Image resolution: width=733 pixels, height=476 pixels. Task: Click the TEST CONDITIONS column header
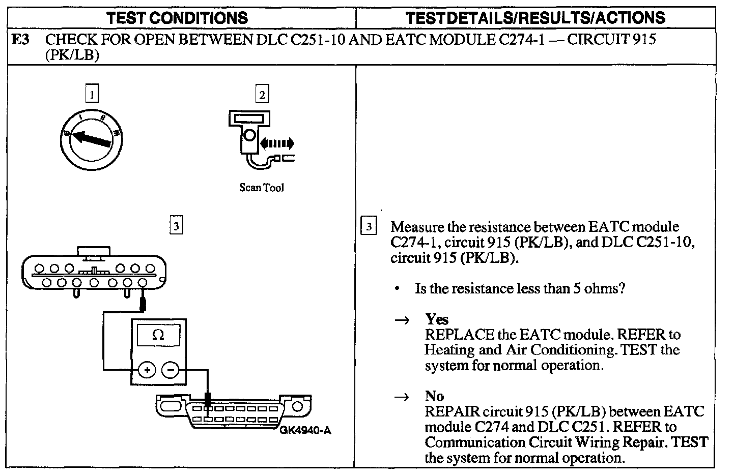coord(177,18)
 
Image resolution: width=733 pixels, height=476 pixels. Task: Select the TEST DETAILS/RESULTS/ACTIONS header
coord(535,18)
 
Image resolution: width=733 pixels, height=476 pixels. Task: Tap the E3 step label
coord(20,40)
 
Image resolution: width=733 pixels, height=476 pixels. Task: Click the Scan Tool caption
coord(262,188)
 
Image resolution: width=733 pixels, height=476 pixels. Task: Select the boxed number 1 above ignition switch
coord(92,94)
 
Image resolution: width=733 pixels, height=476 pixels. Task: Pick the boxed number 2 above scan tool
coord(262,95)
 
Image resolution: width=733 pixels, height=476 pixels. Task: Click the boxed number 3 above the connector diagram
coord(176,226)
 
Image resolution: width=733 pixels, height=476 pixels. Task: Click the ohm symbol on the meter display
coord(158,335)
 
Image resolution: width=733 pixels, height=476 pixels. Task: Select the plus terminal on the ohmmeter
coord(147,370)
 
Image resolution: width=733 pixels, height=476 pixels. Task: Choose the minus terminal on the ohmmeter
coord(171,370)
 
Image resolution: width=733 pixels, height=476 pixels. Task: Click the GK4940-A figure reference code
coord(305,431)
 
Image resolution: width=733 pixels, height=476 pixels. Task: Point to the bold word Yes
coord(437,319)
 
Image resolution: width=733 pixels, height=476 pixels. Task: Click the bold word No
coord(434,396)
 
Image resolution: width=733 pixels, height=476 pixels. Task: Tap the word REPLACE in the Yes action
coord(453,335)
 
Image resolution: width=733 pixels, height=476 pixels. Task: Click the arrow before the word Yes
coord(402,320)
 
